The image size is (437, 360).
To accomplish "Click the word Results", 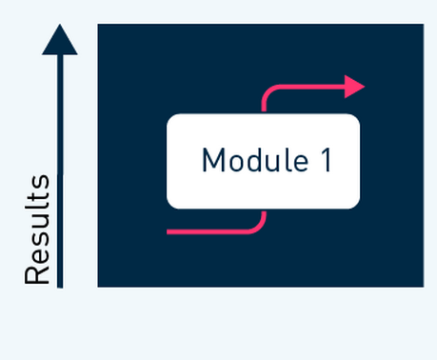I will (37, 230).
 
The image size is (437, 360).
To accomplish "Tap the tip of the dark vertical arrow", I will (60, 27).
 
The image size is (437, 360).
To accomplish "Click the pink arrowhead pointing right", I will (354, 87).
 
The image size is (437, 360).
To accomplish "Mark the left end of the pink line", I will (169, 231).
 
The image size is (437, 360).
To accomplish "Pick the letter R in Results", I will (37, 273).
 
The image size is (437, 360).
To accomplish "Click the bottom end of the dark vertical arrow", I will (60, 285).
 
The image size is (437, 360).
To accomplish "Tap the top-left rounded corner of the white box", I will (172, 119).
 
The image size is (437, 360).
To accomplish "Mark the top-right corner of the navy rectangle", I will (422, 26).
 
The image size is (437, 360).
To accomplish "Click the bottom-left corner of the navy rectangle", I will (99, 285).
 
